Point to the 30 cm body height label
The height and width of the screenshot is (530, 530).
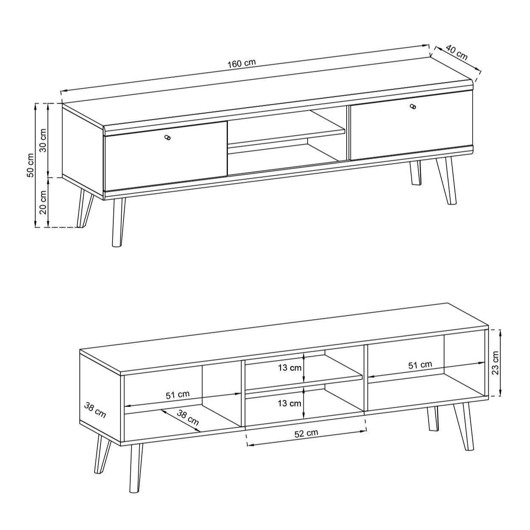pos(42,140)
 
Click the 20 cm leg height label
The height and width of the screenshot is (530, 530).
pos(42,202)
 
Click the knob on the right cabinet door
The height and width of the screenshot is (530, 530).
pos(414,106)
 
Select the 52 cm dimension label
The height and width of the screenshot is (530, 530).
pos(306,433)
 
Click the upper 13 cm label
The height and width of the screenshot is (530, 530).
pos(290,368)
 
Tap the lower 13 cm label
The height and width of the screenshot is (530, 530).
pos(290,403)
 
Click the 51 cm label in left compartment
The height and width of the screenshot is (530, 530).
pos(178,395)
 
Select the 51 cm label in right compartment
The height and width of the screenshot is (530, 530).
pos(420,365)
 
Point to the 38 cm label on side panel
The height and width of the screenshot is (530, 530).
pos(95,410)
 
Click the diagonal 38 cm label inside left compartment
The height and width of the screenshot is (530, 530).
pos(188,418)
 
